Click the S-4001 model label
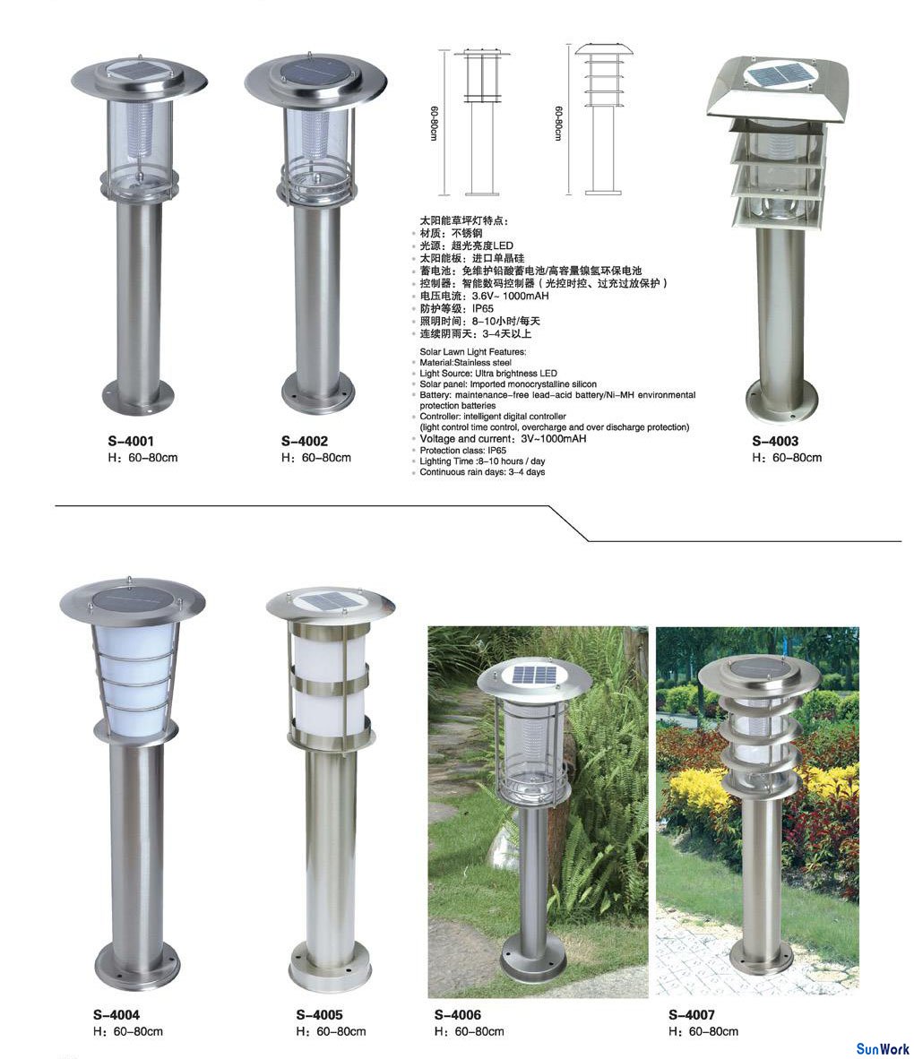[131, 441]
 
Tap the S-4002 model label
[305, 441]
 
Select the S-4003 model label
[775, 441]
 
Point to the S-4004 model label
[116, 1014]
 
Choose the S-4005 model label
[320, 1014]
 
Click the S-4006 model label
[457, 1014]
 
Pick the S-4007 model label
[692, 1014]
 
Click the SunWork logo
[883, 1049]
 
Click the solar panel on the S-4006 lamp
[534, 674]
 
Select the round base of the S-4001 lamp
[139, 398]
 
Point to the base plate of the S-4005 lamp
[331, 969]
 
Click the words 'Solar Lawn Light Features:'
[473, 352]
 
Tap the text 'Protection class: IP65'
[462, 451]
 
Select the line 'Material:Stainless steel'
[465, 363]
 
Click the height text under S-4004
[127, 1031]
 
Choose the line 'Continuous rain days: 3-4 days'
[482, 472]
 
